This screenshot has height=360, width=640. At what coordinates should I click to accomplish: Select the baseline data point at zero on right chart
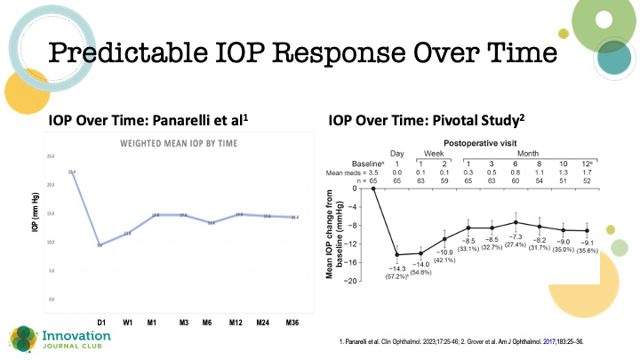373,188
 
